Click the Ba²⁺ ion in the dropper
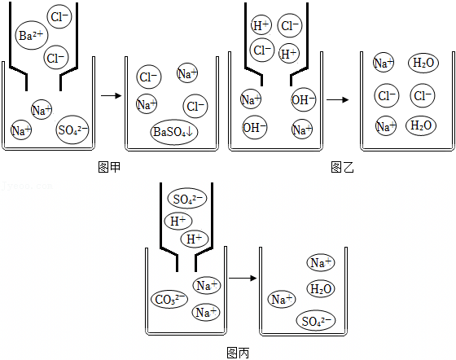pos(32,35)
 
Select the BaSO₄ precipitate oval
pos(174,132)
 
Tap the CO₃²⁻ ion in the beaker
pos(169,299)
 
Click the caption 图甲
pos(109,167)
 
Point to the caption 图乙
pos(342,167)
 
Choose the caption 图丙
pos(238,353)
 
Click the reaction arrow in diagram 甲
pos(111,95)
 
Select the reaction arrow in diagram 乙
pos(338,99)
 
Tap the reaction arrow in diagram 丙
pos(243,279)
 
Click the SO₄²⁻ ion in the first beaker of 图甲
pos(72,130)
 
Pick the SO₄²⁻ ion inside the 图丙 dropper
pos(187,198)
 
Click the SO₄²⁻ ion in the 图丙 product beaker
pos(316,321)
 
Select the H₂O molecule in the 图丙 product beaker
pos(321,289)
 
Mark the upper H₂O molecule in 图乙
pos(423,63)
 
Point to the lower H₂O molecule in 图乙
pos(421,125)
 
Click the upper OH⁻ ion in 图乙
pos(303,99)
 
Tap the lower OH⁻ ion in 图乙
pos(255,127)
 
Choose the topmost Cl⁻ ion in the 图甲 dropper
pos(59,16)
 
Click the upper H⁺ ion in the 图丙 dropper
pos(178,221)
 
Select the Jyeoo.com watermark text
pos(27,186)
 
